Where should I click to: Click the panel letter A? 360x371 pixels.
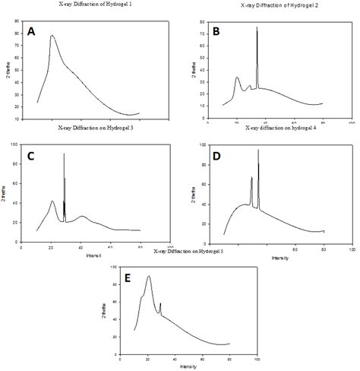tap(31, 31)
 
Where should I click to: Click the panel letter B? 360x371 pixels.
tap(216, 31)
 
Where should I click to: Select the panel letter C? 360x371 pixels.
tap(31, 157)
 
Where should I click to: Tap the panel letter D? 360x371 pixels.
tap(217, 157)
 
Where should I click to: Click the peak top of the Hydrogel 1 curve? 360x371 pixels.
tap(52, 35)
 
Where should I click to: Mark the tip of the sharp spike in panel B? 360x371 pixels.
tap(257, 27)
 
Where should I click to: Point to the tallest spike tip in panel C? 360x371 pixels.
tap(64, 154)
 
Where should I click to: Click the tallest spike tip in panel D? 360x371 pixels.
tap(258, 151)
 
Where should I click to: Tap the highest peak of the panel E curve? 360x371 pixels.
tap(149, 276)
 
